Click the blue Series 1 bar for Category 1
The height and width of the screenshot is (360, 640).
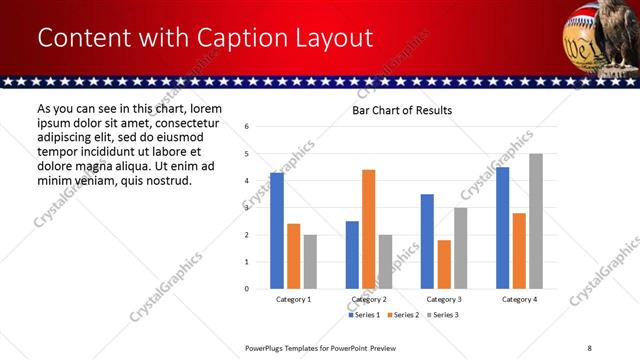(277, 231)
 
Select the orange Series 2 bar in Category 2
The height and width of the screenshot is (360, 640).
(368, 229)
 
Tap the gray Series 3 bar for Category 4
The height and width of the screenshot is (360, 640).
(536, 221)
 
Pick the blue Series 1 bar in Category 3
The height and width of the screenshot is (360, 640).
(427, 241)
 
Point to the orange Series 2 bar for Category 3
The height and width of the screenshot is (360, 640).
(444, 264)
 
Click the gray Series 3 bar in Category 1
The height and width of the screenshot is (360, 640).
(310, 262)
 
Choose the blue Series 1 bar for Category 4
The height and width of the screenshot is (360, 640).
(502, 228)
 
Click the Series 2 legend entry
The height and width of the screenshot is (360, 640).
(403, 315)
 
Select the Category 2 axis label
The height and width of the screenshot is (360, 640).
(368, 300)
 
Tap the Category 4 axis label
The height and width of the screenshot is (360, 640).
(519, 300)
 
